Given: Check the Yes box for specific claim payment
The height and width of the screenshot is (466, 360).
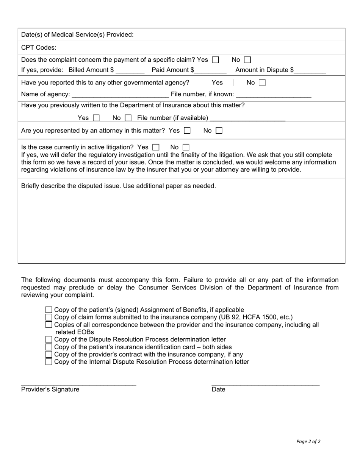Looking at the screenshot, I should (216, 60).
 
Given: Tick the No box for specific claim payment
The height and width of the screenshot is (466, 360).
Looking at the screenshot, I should (247, 60).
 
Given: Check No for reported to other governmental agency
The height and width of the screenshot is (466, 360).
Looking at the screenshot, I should (262, 83).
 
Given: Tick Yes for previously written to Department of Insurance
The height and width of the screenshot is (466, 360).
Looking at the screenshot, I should (96, 118).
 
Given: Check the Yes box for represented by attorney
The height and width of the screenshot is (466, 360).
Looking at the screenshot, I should (187, 131).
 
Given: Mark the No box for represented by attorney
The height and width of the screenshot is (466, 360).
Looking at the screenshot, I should (219, 131).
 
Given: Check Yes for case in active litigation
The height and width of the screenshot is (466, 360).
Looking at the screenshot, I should (156, 147).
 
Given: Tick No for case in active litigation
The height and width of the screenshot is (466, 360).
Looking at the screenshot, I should (186, 147).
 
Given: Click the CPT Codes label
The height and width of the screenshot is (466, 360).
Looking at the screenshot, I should (39, 47).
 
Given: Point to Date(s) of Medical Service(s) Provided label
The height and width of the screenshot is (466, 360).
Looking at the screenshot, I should (77, 34).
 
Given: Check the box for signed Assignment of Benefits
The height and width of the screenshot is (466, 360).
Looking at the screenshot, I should (49, 310).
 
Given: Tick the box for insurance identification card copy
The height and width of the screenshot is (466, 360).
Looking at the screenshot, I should (49, 347).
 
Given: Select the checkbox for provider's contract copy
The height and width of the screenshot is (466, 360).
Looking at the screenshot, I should (49, 355).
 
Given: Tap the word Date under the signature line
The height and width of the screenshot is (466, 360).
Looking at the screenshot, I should (218, 389).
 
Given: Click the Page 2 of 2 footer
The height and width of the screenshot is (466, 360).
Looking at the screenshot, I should (308, 441).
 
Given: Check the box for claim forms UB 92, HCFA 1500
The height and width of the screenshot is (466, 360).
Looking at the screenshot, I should (49, 317).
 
